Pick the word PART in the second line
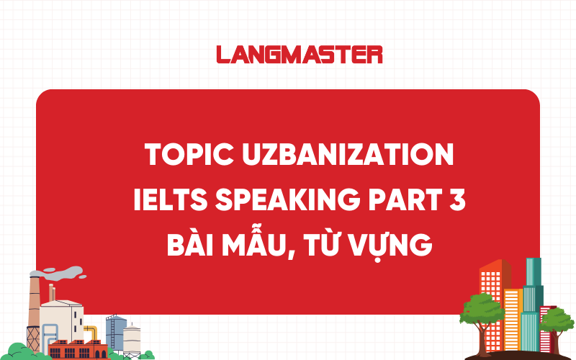coord(395,201)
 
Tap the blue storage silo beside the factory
coord(114,331)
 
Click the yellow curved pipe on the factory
coord(91,332)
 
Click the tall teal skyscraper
coord(534,288)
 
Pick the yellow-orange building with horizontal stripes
coord(513,317)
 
